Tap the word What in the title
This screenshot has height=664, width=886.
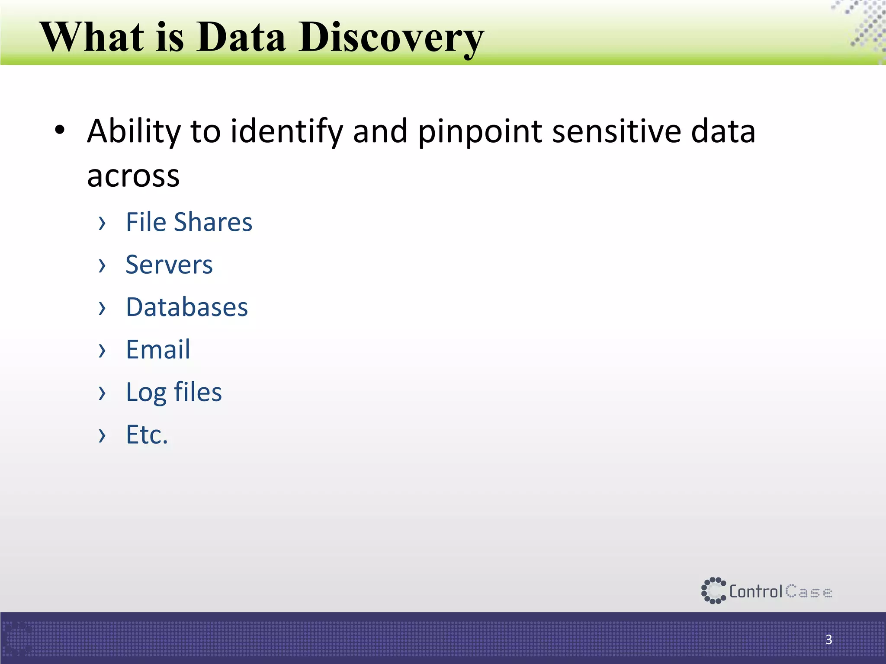tap(92, 37)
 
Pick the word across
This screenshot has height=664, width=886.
tap(133, 176)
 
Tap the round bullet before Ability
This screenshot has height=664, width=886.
tap(60, 130)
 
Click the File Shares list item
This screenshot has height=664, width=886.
tap(189, 222)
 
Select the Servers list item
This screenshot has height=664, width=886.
tap(169, 265)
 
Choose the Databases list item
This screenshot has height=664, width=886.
tap(187, 307)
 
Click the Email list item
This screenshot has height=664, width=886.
tap(158, 349)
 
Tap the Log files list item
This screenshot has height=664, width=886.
tap(173, 393)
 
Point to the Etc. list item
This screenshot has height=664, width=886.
tap(147, 434)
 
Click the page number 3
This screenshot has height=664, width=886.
tap(828, 639)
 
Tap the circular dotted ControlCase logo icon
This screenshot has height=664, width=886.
tap(713, 591)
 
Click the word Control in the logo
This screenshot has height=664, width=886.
tap(756, 591)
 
